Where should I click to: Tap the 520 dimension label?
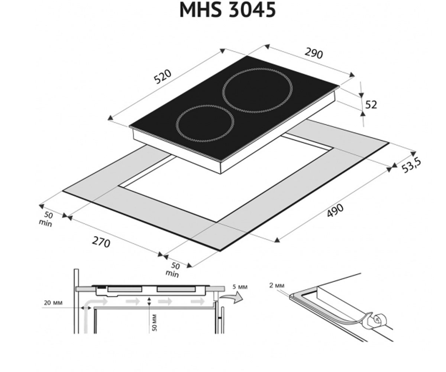pos(163,77)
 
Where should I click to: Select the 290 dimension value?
pos(314,53)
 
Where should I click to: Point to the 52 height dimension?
pos(371,105)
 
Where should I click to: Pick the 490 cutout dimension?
pos(336,211)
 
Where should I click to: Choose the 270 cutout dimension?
pos(101,243)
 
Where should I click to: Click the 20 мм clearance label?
pos(53,303)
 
